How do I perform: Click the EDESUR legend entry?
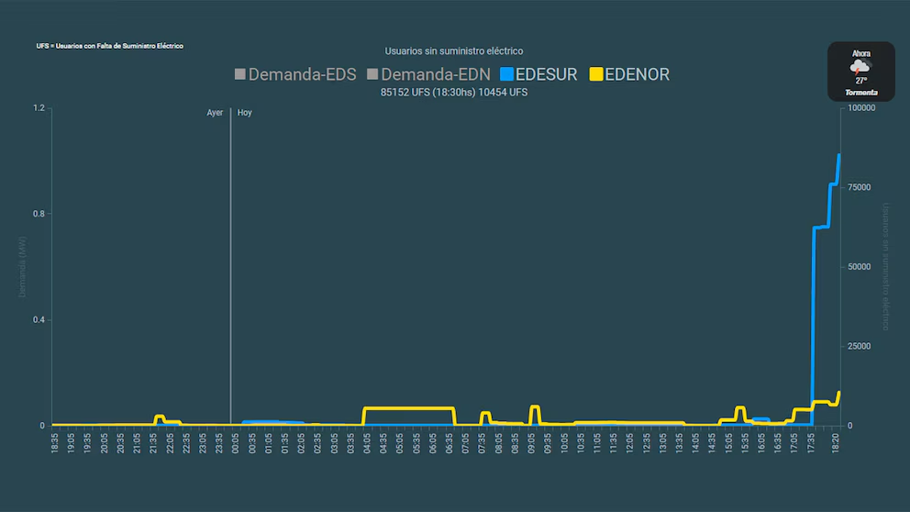pos(538,75)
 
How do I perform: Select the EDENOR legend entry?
pos(629,75)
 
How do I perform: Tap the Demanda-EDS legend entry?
pos(294,75)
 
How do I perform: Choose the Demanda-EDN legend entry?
pos(427,75)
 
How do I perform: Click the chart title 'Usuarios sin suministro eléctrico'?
pos(454,51)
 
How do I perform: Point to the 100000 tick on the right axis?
pos(862,108)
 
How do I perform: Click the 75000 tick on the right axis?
pos(860,187)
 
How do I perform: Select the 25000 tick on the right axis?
pos(860,346)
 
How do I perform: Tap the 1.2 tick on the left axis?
pos(39,108)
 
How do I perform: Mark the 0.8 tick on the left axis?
pos(39,214)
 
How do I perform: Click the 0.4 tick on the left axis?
pos(39,320)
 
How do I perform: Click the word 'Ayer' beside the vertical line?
pos(215,113)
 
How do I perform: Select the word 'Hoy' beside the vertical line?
pos(245,113)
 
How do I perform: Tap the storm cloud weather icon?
pos(860,67)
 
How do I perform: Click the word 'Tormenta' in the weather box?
pos(860,93)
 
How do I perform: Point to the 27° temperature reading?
pos(860,81)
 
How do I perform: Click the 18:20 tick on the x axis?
pos(834,441)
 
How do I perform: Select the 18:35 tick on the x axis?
pos(54,441)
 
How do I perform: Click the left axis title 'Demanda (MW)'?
pos(23,266)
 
